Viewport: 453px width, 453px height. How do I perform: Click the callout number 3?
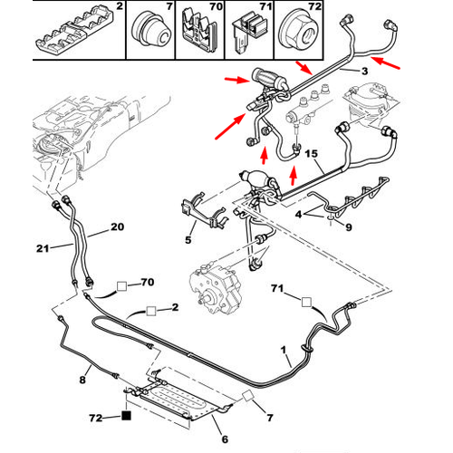pyautogui.click(x=363, y=72)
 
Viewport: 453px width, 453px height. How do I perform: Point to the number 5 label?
pyautogui.click(x=189, y=240)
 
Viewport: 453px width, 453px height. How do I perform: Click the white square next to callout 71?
pyautogui.click(x=306, y=303)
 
